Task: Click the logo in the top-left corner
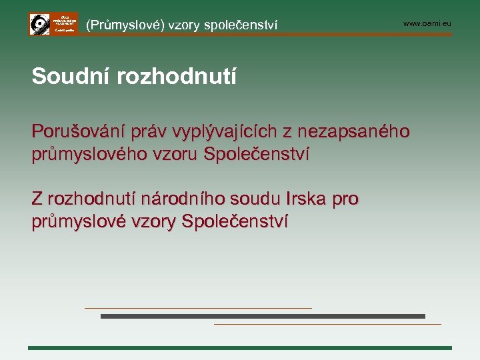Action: (x=53, y=24)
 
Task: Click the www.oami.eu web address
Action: (x=427, y=24)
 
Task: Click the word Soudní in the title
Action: (x=70, y=77)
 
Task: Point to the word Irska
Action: (x=307, y=199)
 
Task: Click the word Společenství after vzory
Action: (x=235, y=221)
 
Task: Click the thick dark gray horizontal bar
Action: (x=263, y=316)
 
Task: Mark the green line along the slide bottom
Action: (x=240, y=348)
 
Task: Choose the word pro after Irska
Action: (x=346, y=199)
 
